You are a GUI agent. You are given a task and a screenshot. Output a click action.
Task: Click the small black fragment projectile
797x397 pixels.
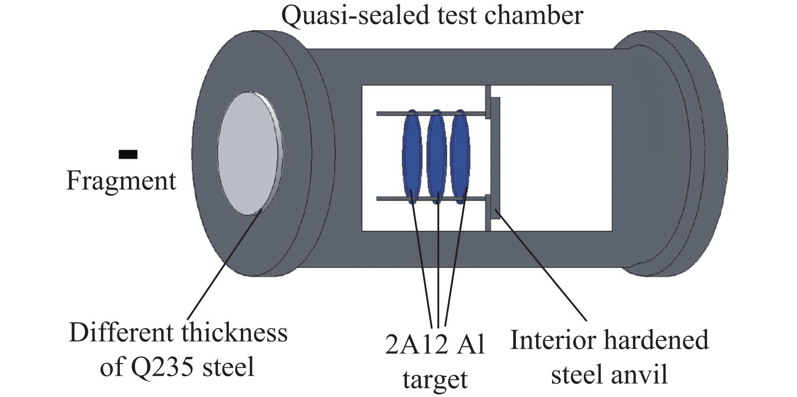tap(128, 154)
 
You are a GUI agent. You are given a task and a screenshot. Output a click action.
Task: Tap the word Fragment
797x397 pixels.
tap(121, 181)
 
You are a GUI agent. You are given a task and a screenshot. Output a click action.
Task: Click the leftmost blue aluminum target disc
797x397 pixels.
tap(411, 157)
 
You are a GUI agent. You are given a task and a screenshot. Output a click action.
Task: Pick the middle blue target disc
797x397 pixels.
tap(436, 157)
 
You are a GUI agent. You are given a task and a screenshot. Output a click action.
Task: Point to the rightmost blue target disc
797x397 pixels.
tap(460, 157)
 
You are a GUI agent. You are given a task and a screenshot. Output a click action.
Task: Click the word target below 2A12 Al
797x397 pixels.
tap(435, 379)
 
